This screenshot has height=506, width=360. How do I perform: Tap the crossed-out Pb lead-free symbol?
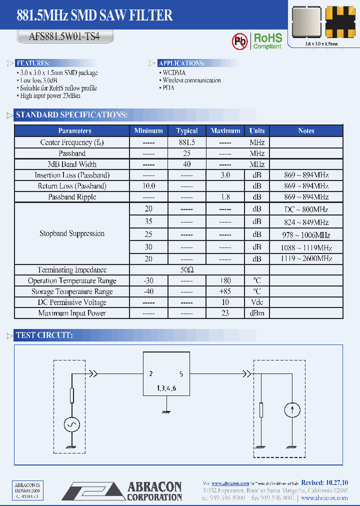coord(240,41)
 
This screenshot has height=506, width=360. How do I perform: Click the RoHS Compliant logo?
coord(267,41)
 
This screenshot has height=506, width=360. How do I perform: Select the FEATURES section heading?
coord(33,63)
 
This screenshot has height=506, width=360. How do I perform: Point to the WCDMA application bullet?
coord(174,72)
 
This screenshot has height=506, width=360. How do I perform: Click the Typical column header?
coord(186,130)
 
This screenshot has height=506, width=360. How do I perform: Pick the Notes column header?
coord(306,130)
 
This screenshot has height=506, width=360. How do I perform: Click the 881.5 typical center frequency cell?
coord(186,142)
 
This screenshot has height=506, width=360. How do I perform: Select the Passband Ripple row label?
coord(72,197)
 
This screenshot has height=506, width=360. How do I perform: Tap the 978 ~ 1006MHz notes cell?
coord(306,234)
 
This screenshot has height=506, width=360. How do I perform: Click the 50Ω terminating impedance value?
coord(186,270)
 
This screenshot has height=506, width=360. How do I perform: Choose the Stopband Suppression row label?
coord(72,233)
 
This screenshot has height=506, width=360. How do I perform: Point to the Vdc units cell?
coord(256,302)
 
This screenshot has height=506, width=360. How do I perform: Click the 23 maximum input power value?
coord(225,313)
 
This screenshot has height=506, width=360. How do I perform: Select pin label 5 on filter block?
coord(181,373)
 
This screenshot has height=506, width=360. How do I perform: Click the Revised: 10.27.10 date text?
coord(325,482)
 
